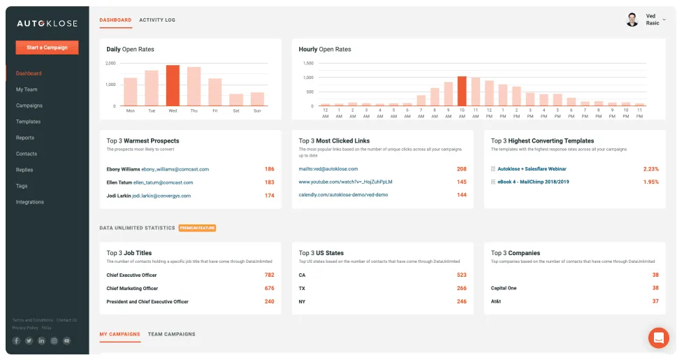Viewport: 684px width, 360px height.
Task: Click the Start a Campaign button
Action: click(x=47, y=48)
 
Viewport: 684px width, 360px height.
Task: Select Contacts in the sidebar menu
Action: click(x=26, y=154)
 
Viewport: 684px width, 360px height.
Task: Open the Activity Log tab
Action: click(x=157, y=20)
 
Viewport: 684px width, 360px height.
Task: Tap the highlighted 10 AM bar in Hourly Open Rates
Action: click(x=461, y=91)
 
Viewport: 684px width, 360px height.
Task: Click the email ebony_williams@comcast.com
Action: click(x=175, y=169)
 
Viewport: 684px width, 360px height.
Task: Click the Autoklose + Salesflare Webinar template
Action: click(x=532, y=169)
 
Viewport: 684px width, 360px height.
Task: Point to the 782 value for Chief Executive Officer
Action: click(x=269, y=275)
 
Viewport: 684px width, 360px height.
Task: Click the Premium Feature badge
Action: click(x=197, y=228)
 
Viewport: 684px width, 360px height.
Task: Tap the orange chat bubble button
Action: click(x=658, y=338)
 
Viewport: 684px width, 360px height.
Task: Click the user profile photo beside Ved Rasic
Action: click(x=632, y=20)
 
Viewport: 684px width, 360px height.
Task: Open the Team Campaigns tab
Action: click(x=171, y=334)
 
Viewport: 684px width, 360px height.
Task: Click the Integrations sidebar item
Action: click(x=30, y=202)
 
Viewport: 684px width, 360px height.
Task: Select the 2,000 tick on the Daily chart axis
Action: click(x=110, y=64)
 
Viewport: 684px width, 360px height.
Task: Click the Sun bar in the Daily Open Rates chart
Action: click(x=257, y=99)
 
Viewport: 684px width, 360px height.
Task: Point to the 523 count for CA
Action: click(x=461, y=275)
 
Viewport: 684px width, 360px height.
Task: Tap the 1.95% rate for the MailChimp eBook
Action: click(x=650, y=182)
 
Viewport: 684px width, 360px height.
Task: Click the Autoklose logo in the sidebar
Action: click(x=47, y=22)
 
